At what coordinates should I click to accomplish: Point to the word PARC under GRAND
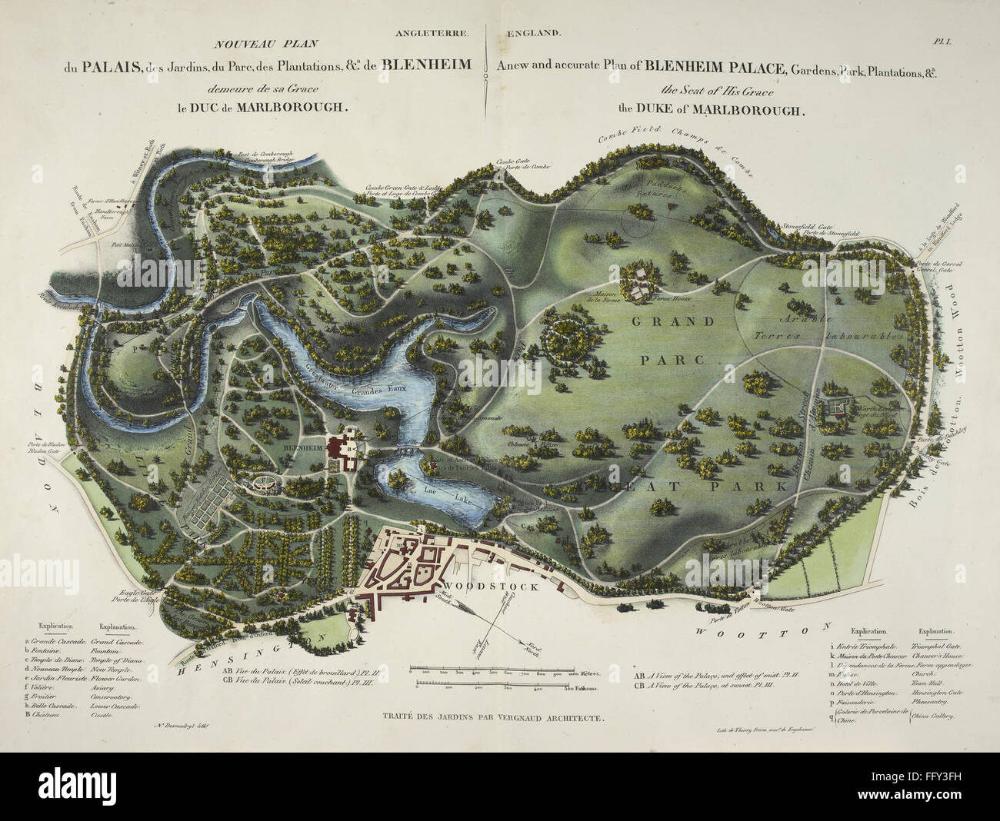pos(666,358)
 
